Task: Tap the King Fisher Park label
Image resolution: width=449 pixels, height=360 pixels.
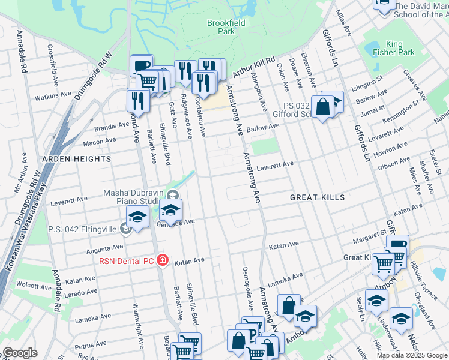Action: (401, 48)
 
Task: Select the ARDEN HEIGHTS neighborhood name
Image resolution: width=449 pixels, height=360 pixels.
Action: (76, 159)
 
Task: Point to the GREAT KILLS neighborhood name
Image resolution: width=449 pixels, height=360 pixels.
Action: (318, 197)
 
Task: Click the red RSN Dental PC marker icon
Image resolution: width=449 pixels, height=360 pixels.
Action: (161, 260)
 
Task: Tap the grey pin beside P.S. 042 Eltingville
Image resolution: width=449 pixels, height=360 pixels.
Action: (125, 228)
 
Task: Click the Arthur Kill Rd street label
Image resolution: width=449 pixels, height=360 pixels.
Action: (253, 65)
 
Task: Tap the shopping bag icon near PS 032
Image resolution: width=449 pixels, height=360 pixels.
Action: (322, 107)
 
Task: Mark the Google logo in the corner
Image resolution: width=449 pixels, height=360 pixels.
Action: (20, 353)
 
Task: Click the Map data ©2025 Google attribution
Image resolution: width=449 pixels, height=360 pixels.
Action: (411, 355)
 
